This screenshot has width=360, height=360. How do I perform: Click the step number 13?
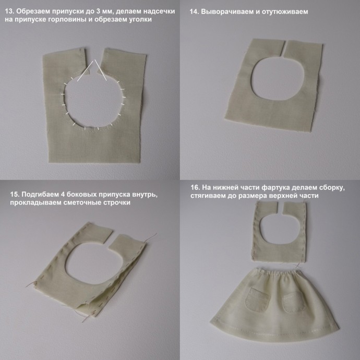(9, 11)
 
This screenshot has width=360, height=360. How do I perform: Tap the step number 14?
(194, 11)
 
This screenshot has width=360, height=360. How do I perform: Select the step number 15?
(15, 195)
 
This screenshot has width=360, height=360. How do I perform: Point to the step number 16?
(195, 187)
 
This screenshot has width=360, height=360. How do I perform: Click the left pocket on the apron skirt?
(257, 299)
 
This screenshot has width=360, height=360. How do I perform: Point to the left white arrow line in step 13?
(85, 71)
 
